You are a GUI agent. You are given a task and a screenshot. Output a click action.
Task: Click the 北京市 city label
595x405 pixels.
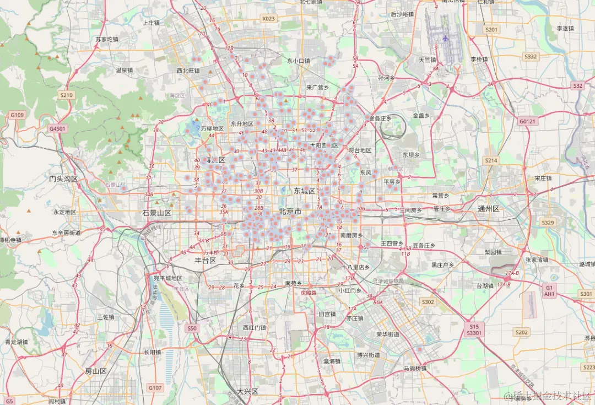[290, 211]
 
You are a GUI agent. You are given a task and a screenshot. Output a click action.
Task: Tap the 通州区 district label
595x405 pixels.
[488, 209]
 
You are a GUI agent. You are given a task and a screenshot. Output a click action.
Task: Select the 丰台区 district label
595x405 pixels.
[205, 260]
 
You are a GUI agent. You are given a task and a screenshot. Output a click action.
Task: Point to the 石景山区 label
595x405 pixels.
[157, 213]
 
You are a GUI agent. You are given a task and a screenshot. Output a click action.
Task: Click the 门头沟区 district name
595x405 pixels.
[63, 179]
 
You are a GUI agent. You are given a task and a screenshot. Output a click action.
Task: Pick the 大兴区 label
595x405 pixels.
[247, 391]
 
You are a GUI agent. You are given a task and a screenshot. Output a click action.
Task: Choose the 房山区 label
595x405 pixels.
[96, 371]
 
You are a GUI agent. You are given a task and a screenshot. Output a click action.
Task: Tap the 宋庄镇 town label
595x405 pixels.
[543, 179]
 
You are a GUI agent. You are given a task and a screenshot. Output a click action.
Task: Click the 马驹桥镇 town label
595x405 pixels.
[415, 368]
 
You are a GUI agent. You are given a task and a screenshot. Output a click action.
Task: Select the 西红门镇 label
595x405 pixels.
[255, 327]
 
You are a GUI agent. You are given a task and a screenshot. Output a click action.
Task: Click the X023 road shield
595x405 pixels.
[268, 19]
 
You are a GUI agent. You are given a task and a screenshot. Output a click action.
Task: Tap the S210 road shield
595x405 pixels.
[66, 95]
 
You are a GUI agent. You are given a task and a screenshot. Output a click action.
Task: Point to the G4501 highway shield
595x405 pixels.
[57, 128]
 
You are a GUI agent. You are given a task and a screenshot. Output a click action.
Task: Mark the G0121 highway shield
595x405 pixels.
[527, 121]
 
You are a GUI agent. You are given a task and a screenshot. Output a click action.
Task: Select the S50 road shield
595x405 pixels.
[191, 328]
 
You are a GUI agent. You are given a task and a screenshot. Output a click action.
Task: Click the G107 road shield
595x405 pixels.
[155, 388]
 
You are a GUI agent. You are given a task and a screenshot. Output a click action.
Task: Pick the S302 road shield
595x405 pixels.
[428, 302]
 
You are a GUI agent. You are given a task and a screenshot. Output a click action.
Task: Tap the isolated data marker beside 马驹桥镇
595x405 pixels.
[420, 349]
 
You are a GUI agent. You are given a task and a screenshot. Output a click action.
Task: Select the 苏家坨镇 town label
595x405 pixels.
[107, 40]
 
